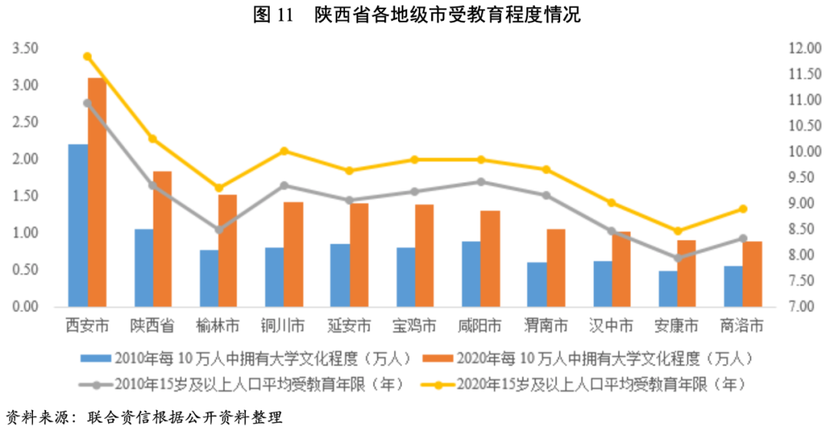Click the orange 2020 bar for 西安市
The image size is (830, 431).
coord(97,192)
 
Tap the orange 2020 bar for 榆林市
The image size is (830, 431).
coord(227,250)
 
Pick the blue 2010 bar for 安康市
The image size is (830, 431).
coord(668,289)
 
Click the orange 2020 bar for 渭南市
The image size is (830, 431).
coord(556,268)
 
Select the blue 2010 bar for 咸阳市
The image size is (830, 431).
coord(471,274)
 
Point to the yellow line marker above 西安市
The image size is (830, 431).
coord(88,57)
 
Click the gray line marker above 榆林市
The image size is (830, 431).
coord(218,230)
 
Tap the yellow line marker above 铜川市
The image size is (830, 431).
coord(284,151)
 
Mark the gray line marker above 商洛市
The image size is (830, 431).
coord(742,238)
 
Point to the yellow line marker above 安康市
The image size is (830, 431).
coord(677,230)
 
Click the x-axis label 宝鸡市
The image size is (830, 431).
coord(414,326)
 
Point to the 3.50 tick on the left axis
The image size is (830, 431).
coord(25,48)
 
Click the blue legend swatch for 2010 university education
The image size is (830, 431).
coord(95,358)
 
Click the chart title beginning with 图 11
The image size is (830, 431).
coord(416,15)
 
